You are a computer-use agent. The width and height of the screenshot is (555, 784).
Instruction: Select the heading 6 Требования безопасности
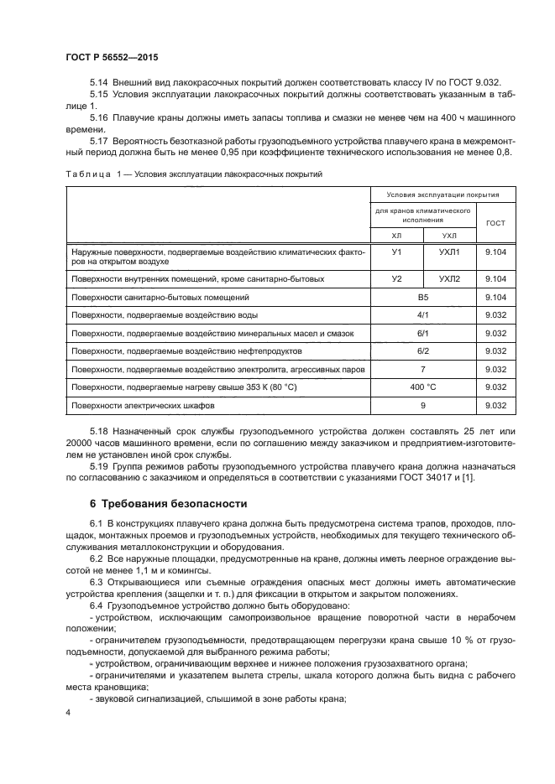click(168, 504)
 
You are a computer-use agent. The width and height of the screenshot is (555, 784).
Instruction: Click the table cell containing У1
click(397, 254)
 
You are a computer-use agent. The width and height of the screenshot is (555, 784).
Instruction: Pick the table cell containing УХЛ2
click(449, 278)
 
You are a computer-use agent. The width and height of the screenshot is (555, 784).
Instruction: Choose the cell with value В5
click(423, 297)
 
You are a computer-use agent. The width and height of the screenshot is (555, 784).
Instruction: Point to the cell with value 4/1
click(423, 314)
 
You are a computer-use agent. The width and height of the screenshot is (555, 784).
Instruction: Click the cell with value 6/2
click(423, 350)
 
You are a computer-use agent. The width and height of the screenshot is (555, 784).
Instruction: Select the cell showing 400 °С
click(423, 387)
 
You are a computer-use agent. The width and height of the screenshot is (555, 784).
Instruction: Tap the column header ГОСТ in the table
click(495, 223)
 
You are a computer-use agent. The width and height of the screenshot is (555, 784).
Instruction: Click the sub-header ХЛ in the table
click(397, 236)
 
